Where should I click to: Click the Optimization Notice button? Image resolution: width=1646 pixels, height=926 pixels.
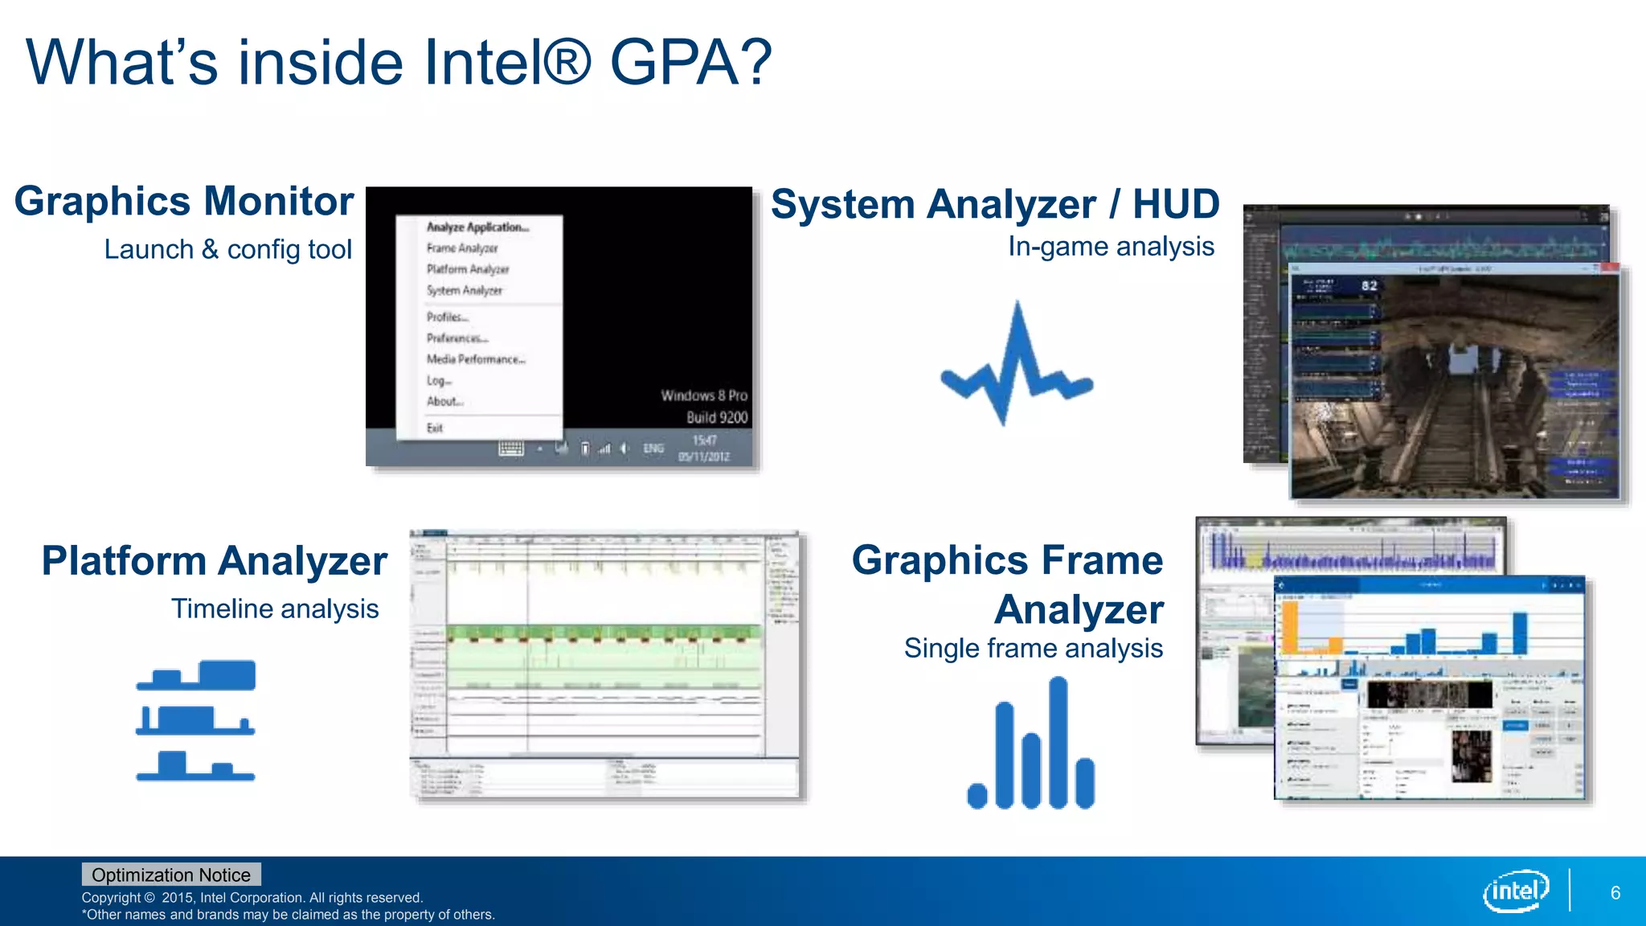[170, 875]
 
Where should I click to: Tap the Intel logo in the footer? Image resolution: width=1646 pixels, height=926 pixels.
[1515, 891]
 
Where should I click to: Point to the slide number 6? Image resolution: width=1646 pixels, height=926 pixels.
[1615, 893]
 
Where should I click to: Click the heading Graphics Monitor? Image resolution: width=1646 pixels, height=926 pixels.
[184, 201]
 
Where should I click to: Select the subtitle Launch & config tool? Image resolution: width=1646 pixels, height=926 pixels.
[228, 249]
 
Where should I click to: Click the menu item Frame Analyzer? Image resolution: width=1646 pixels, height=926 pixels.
[462, 248]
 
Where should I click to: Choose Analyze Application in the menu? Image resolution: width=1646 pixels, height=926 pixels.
[477, 227]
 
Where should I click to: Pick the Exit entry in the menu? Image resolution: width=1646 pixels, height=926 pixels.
[435, 428]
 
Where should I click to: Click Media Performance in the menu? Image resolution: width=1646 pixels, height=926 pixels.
[476, 359]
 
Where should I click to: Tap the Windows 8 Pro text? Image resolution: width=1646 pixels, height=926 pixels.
[704, 395]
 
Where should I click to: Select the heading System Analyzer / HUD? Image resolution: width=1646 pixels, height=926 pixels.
[995, 204]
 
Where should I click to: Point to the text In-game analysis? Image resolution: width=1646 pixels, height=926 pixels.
[1111, 246]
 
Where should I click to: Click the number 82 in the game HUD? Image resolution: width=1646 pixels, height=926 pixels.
[1370, 286]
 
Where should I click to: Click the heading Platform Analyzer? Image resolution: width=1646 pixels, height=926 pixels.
[215, 561]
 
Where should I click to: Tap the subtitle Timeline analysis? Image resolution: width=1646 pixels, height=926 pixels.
[275, 608]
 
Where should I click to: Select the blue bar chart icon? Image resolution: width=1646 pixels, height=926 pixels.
[1032, 744]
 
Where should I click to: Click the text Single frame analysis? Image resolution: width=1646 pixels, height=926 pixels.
[1034, 648]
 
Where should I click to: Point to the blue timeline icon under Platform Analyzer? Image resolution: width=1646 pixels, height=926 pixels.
[196, 720]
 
